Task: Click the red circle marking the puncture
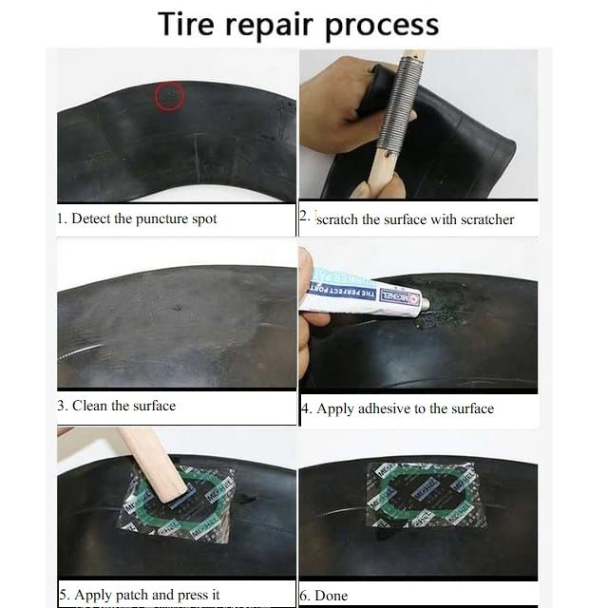coord(169,95)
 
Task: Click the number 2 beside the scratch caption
coord(303,216)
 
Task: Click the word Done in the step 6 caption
coord(332,596)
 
